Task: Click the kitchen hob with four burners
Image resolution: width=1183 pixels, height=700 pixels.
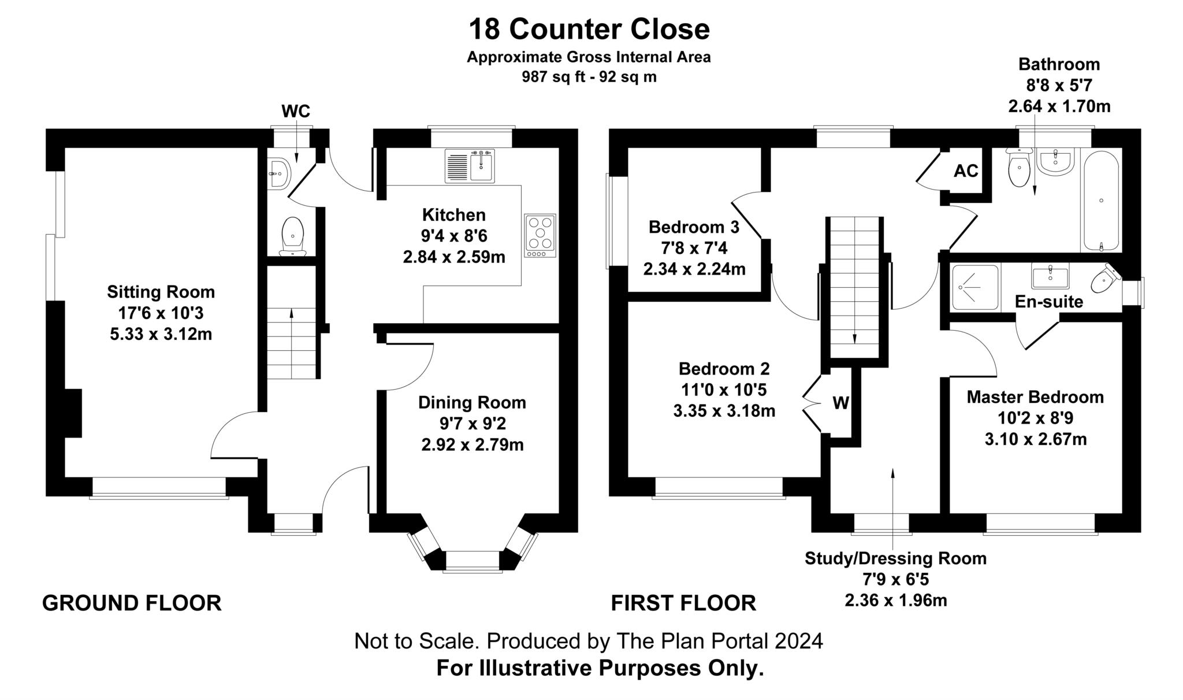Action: click(540, 235)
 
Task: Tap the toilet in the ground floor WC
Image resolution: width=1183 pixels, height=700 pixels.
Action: click(293, 236)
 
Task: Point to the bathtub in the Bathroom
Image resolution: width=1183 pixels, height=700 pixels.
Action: click(1101, 201)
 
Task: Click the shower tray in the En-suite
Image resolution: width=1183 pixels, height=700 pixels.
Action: click(975, 287)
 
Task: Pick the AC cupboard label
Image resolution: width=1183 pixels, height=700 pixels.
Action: click(966, 171)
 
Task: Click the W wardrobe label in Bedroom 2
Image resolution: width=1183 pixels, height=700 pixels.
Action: click(840, 403)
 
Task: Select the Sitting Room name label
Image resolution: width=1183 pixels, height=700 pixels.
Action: click(161, 292)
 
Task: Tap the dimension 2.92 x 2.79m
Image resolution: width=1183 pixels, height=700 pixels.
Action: click(472, 445)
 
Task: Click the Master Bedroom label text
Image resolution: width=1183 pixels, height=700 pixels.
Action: click(1035, 397)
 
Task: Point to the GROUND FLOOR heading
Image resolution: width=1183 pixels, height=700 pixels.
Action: click(132, 603)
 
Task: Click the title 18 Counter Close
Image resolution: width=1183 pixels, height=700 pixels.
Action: click(589, 29)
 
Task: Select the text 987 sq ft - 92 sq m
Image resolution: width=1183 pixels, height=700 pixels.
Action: click(589, 77)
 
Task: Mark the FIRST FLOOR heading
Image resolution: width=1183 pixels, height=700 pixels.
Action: click(683, 603)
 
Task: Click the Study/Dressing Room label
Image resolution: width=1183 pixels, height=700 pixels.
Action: click(895, 558)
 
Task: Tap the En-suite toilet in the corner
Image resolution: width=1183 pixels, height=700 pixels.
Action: click(1105, 280)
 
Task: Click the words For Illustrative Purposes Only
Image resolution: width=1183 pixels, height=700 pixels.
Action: click(600, 668)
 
